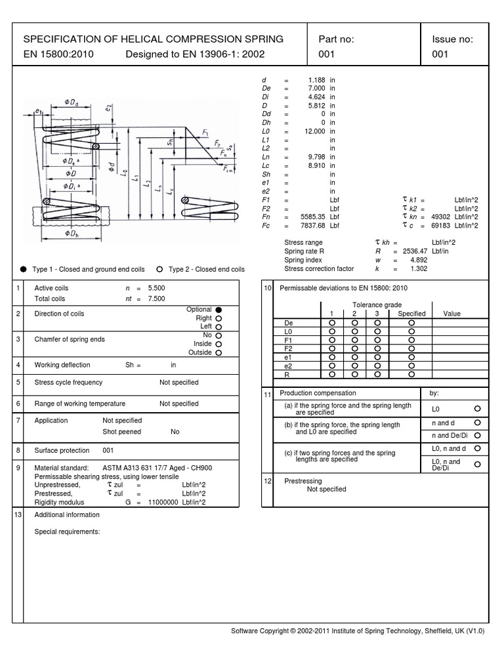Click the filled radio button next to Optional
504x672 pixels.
click(x=219, y=310)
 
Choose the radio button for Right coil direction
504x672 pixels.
click(x=219, y=318)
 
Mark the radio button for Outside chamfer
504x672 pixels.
click(x=219, y=352)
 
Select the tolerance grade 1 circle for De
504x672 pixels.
click(x=332, y=323)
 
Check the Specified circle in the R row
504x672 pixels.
click(x=411, y=374)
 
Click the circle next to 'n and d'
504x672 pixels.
click(x=477, y=423)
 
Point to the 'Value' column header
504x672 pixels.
click(x=452, y=314)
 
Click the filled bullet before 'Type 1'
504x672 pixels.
click(x=24, y=269)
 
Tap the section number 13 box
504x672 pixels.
click(x=18, y=515)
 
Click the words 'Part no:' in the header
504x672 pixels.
click(x=336, y=39)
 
